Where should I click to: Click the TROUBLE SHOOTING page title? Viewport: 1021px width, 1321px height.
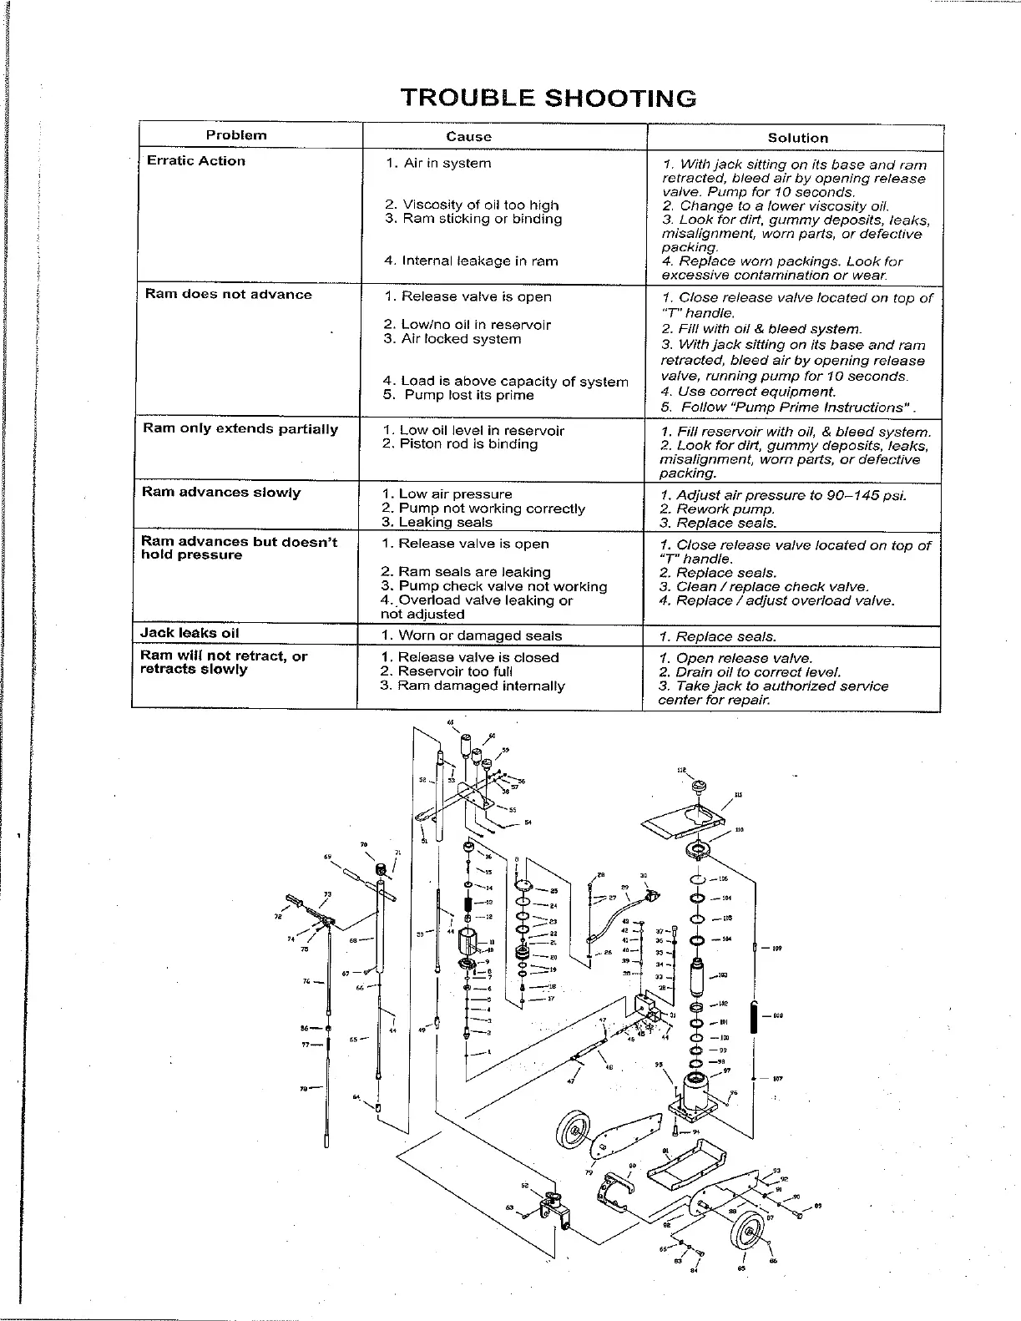click(x=548, y=98)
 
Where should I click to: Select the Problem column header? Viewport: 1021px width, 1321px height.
click(x=236, y=135)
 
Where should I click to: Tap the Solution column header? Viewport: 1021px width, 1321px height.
click(x=797, y=138)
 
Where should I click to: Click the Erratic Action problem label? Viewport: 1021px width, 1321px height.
click(x=196, y=161)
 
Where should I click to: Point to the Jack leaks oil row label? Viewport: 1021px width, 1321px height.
click(x=190, y=633)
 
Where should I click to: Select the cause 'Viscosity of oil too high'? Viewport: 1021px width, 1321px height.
click(x=473, y=205)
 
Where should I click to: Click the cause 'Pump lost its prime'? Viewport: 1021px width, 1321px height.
click(x=464, y=395)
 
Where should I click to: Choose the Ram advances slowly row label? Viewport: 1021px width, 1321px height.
click(x=220, y=492)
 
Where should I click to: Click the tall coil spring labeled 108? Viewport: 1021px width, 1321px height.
click(x=755, y=1016)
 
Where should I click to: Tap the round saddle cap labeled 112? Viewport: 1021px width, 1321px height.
click(x=699, y=787)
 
